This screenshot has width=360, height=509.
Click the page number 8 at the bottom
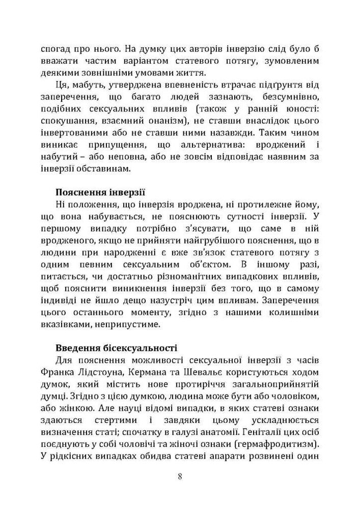tap(180, 477)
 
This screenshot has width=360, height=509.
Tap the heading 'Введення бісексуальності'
tap(116, 349)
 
